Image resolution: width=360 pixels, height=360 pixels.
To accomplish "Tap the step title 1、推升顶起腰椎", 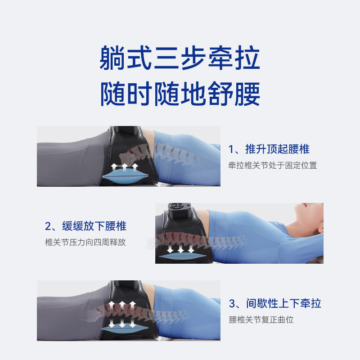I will (269, 149).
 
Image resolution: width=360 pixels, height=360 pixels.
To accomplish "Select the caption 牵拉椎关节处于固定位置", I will (272, 165).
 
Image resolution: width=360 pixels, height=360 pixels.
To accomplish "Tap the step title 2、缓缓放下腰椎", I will (85, 225).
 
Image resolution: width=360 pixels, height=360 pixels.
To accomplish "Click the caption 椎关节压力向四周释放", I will (85, 242).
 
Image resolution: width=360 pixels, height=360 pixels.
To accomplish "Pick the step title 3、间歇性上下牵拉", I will (275, 303).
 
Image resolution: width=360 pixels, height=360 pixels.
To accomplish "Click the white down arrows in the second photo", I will (181, 248).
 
